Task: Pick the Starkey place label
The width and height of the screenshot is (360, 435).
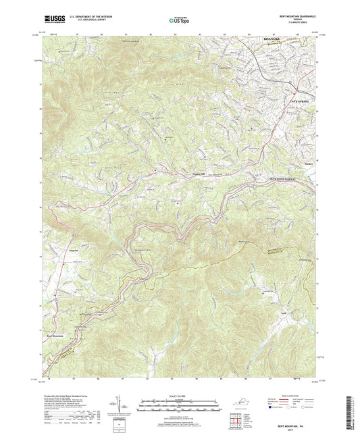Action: pyautogui.click(x=306, y=163)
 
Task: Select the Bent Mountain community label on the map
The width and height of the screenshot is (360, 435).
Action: pyautogui.click(x=57, y=335)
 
